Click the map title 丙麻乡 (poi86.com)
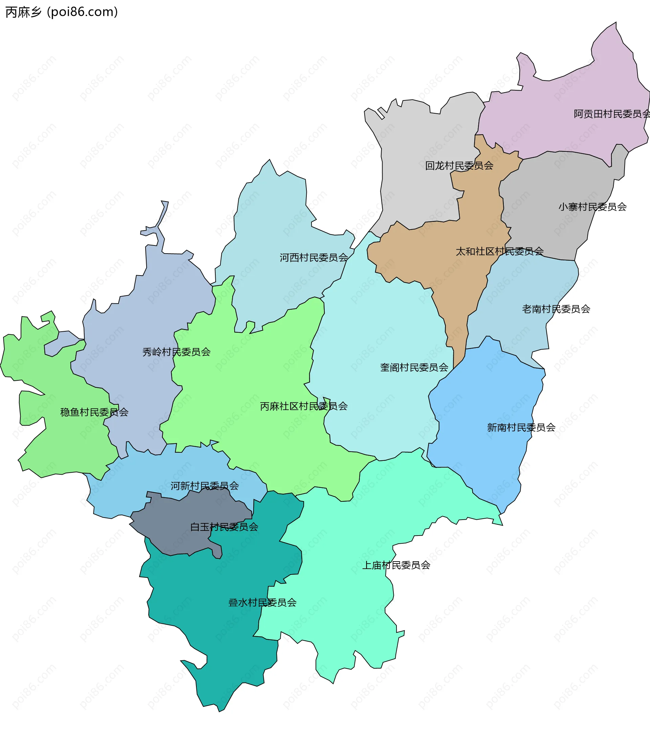[62, 12]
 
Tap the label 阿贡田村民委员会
[611, 114]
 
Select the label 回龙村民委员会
[459, 166]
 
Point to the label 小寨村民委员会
[592, 207]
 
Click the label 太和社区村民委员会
[499, 251]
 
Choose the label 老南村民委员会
[556, 309]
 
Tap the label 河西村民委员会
[313, 258]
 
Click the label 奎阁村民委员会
[414, 368]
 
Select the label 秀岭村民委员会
[176, 352]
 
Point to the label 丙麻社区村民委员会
[303, 406]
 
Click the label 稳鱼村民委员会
[94, 412]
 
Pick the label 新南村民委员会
[521, 428]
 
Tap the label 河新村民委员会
[204, 486]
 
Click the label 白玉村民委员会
[224, 527]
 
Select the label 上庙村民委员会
[396, 566]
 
